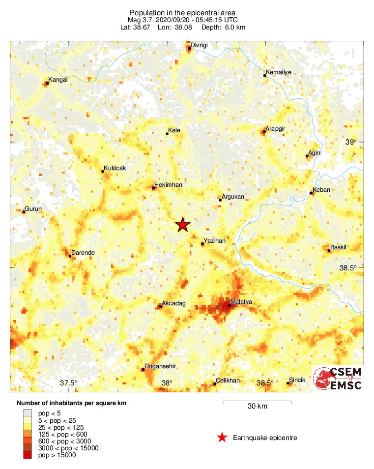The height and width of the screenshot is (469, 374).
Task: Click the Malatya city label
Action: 241,302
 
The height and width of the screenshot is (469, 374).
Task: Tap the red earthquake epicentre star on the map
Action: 183,225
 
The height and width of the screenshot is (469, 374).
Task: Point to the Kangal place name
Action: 58,79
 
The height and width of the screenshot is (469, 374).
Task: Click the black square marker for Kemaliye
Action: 264,75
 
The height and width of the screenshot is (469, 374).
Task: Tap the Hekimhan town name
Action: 169,184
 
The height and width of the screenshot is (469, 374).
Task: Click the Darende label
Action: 83,253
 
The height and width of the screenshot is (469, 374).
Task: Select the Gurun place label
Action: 33,209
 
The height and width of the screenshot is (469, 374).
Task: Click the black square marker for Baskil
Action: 329,251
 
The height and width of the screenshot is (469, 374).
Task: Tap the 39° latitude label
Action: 351,142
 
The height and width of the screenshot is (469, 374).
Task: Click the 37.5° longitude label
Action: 69,383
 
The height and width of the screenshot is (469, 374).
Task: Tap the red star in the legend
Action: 222,438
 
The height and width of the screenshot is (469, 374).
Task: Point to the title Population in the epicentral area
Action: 183,12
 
